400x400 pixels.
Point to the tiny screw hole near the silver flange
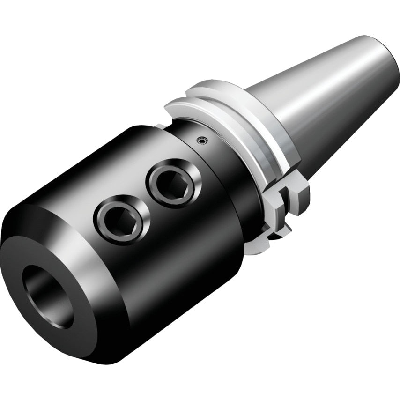pyautogui.click(x=201, y=140)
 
